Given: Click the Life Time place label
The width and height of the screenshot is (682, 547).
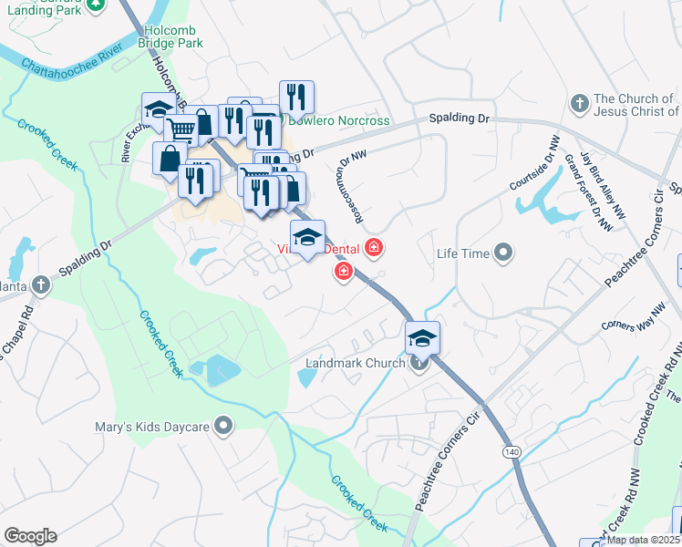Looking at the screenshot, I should (x=463, y=253).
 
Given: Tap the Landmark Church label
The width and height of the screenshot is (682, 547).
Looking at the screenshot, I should (x=354, y=363).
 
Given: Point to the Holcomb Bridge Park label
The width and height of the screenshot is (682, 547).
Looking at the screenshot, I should (x=174, y=36).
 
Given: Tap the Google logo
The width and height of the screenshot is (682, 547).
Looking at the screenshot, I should (x=30, y=536).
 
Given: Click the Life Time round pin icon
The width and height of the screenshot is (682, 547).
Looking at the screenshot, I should (x=502, y=253).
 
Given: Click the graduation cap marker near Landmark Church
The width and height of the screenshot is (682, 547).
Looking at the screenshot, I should (x=422, y=338).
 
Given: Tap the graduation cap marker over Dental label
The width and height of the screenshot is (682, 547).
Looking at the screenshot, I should (x=308, y=237).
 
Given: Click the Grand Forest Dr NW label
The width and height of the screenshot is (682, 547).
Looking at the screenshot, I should (x=586, y=191).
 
